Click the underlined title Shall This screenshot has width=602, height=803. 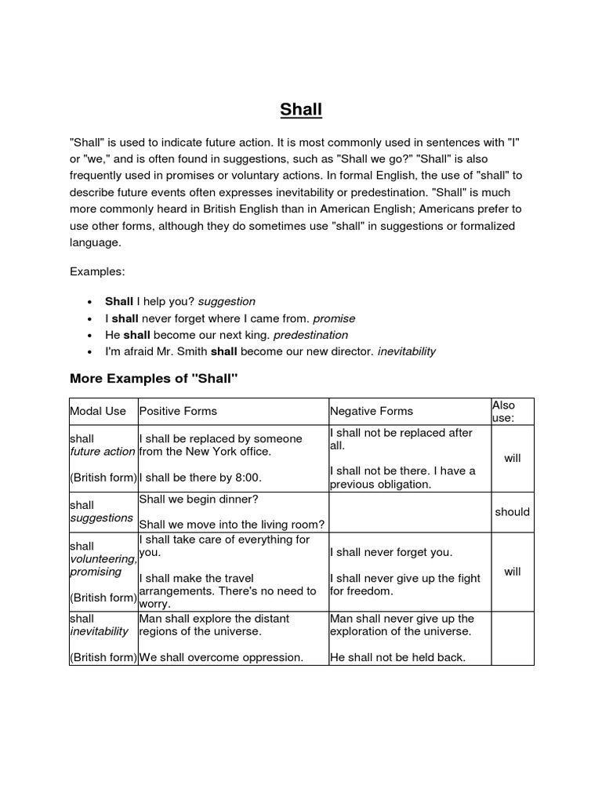point(301,110)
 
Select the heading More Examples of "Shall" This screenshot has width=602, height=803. point(154,379)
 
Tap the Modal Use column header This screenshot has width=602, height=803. point(98,411)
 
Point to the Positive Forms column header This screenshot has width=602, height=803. point(178,411)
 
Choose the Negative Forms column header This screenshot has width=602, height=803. point(372,411)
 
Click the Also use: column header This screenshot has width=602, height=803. point(503,411)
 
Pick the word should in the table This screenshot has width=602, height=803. point(512,512)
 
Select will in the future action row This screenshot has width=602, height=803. point(512,458)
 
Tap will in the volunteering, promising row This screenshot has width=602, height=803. point(512,572)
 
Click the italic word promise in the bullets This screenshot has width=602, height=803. point(334,318)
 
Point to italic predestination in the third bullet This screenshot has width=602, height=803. point(310,335)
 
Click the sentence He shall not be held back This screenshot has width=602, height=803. point(397,657)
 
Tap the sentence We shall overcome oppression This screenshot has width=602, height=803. point(221,657)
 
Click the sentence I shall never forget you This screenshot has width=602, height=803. point(391,552)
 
